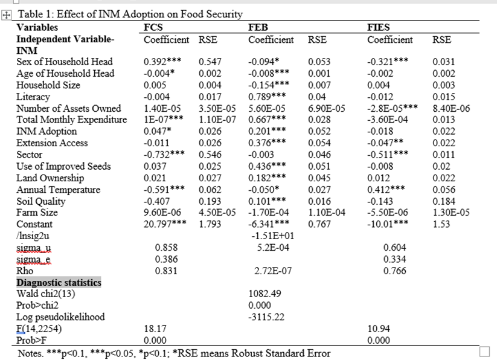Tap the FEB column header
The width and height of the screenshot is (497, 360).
click(x=258, y=27)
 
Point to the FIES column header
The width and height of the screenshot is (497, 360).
click(x=379, y=27)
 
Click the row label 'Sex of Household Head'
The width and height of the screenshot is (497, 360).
click(x=65, y=62)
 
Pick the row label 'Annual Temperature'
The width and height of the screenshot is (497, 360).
click(x=58, y=190)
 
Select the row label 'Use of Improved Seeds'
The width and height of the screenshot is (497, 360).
click(x=63, y=166)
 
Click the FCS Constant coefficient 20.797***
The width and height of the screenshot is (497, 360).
click(x=164, y=224)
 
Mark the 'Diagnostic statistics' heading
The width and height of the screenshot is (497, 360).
click(x=59, y=282)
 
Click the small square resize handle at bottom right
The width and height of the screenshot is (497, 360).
click(x=484, y=352)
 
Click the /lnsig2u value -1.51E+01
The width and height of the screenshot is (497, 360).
click(x=266, y=236)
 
